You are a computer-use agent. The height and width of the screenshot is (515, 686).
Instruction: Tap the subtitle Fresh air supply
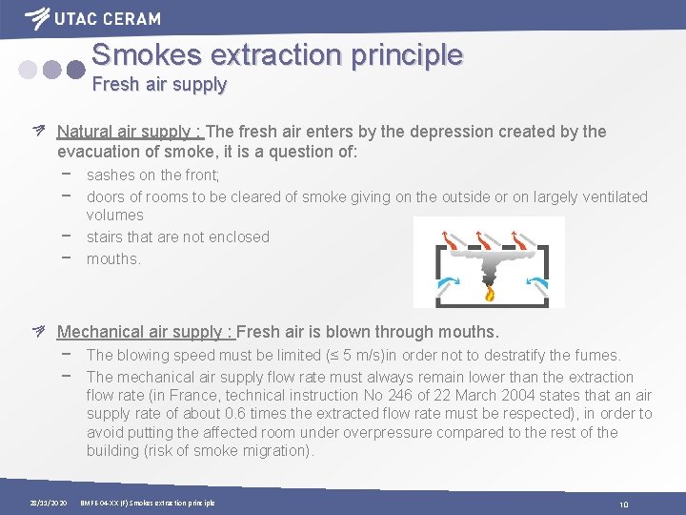[x=159, y=85]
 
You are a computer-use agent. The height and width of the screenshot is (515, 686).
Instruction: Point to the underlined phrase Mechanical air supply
[x=143, y=333]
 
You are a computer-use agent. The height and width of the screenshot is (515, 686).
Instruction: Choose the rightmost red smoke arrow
[x=522, y=237]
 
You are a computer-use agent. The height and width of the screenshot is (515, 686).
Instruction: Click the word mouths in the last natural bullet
[x=111, y=258]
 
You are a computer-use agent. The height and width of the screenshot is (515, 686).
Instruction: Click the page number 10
[x=624, y=505]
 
